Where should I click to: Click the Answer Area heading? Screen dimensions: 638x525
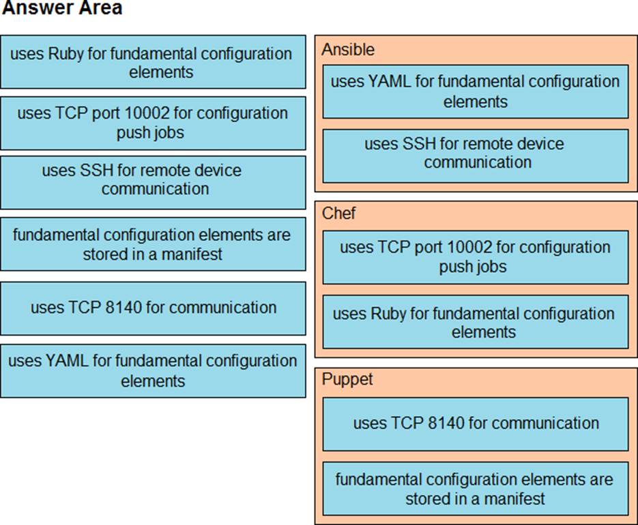(62, 8)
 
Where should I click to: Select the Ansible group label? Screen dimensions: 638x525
(348, 50)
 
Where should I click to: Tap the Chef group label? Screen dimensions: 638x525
(338, 213)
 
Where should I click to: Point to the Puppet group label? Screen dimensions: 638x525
(347, 379)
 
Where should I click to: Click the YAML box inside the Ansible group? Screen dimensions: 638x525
(475, 91)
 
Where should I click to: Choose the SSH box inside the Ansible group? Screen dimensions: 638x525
(475, 155)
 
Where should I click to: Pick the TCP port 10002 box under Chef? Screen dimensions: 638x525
(475, 257)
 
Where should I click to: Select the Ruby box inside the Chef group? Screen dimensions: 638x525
(475, 322)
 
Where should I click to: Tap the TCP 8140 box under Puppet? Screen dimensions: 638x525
(475, 424)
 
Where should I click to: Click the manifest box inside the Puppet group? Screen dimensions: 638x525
(475, 488)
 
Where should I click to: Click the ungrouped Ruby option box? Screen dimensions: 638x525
(153, 62)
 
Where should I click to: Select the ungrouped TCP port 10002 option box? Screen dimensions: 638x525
(153, 123)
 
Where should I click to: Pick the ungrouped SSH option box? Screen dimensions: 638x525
(153, 183)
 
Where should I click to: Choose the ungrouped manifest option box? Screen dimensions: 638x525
(153, 244)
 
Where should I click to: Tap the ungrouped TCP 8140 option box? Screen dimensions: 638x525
(153, 309)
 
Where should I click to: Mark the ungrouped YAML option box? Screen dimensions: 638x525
(153, 371)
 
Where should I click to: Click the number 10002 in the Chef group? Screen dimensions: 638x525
(469, 247)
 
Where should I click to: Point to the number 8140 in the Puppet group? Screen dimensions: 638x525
(446, 423)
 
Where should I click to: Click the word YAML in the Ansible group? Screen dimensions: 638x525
(388, 82)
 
